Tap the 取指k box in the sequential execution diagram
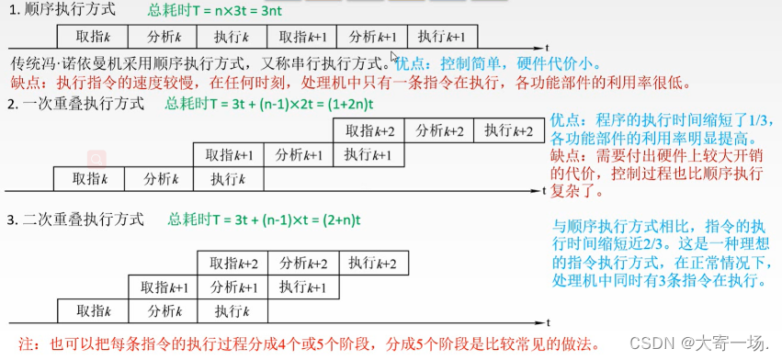coord(92,37)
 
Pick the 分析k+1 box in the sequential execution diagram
coord(372,37)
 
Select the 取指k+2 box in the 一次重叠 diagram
coord(370,130)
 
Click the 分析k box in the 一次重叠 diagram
coord(158,177)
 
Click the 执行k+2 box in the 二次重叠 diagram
coord(372,264)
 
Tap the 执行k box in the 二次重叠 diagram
coord(232,309)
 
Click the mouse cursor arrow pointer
coord(393,58)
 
